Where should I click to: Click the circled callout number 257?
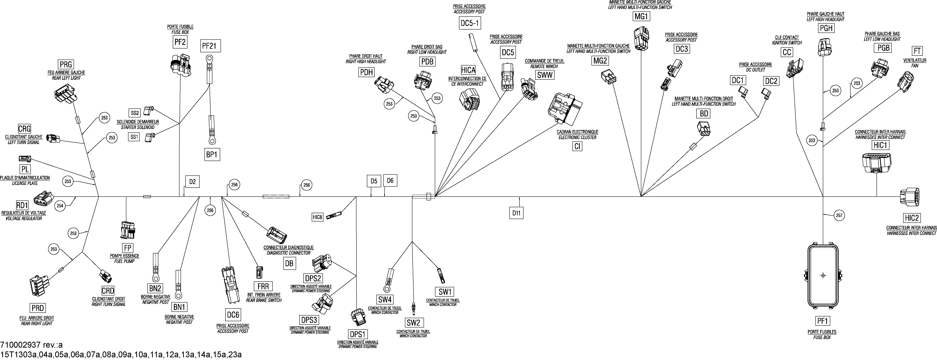[839, 216]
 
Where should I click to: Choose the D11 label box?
[516, 213]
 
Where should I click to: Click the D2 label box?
[192, 182]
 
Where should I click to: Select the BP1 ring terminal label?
[211, 155]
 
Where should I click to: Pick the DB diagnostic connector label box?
[289, 263]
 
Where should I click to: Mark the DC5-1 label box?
[470, 23]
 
